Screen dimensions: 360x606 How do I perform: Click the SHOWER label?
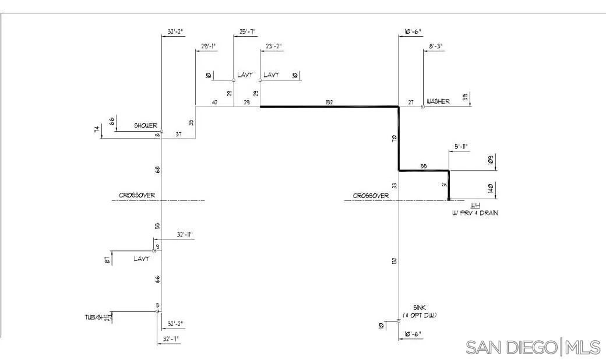coord(146,125)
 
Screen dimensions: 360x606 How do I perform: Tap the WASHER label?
coord(438,101)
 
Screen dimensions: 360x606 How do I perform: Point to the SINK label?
coord(420,307)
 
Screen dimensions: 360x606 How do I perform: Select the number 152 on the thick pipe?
coord(329,103)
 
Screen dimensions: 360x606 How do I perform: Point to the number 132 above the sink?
coord(394,262)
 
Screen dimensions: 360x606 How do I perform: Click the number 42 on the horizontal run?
coord(215,103)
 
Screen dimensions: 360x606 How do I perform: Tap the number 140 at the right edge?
coord(491,189)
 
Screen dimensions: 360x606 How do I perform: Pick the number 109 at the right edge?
coord(491,160)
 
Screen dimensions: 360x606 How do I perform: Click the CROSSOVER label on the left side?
coord(137,195)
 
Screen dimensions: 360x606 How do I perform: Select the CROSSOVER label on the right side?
coord(371,196)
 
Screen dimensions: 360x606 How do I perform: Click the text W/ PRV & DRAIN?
coord(475,213)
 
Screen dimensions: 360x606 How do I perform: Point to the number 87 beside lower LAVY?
coord(107,260)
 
